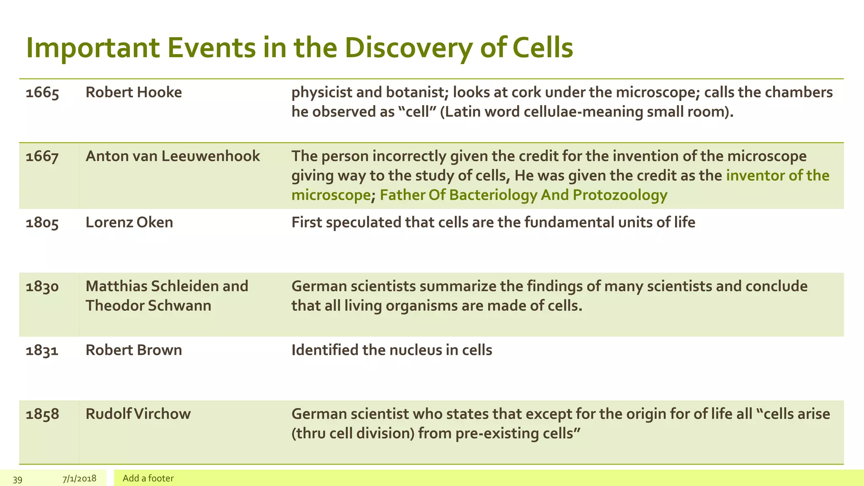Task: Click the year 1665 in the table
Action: click(42, 93)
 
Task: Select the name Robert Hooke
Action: click(133, 92)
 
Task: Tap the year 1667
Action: click(42, 157)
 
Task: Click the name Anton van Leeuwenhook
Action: click(173, 157)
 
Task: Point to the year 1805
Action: click(42, 223)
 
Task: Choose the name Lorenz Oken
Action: click(129, 222)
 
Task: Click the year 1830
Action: click(42, 286)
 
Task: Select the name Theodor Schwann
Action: click(148, 305)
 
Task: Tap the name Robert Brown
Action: click(133, 350)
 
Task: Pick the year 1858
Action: click(42, 414)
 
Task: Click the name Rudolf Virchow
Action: click(138, 414)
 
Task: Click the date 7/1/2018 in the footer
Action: click(79, 479)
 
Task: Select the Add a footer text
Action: click(148, 478)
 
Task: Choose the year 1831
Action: click(42, 351)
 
